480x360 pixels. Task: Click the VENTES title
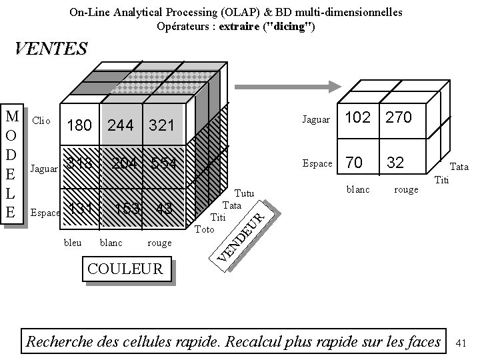coord(51,49)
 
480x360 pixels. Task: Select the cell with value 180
coord(79,125)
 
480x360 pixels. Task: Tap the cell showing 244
coord(121,125)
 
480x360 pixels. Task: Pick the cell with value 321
coord(161,125)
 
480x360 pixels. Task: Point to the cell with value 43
coord(164,209)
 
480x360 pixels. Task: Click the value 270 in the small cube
coord(398,117)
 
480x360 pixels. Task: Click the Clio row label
coord(41,121)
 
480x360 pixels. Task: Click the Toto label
coord(204,229)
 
